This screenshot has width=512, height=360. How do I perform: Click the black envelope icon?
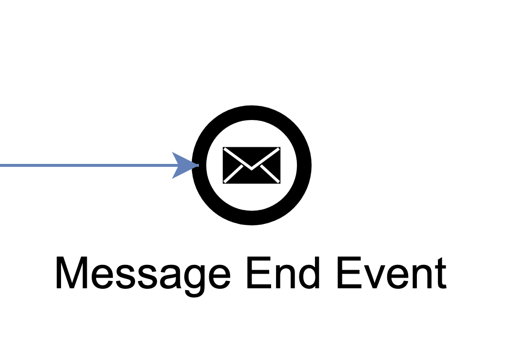coord(251,165)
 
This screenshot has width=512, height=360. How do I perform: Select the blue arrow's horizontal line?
coord(88,165)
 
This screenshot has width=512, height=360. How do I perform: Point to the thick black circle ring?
coord(252,113)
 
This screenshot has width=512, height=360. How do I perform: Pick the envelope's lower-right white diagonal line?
coord(270,175)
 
